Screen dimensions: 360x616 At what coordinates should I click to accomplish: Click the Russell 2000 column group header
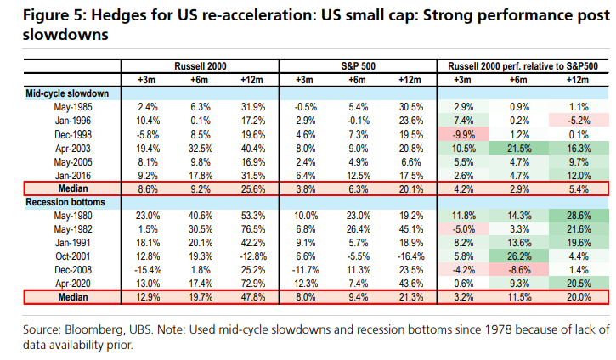click(200, 65)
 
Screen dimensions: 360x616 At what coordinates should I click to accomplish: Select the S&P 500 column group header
click(358, 65)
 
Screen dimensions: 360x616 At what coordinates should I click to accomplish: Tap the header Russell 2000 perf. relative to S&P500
click(523, 65)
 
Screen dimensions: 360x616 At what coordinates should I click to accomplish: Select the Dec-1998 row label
click(78, 134)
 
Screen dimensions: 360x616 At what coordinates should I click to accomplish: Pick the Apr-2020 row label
click(78, 283)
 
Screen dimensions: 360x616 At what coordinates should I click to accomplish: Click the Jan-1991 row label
click(78, 242)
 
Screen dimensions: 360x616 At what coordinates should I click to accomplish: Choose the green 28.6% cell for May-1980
click(578, 216)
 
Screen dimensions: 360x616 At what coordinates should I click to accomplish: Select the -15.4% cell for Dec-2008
click(146, 269)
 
